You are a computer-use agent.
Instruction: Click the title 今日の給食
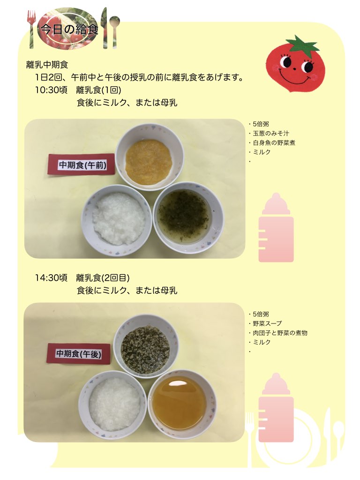coord(69,29)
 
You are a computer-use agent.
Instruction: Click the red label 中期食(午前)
coord(82,165)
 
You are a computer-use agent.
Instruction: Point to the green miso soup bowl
coord(188,217)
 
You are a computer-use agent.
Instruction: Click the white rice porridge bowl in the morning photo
coord(117,220)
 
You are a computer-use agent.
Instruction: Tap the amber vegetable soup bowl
coord(182,404)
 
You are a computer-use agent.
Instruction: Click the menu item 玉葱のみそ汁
coord(271,134)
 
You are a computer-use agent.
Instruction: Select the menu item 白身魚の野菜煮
coord(274,142)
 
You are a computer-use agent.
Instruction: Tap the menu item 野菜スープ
coord(267,323)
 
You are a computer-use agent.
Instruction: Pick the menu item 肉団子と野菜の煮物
coord(280,333)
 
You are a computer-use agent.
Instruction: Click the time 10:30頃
coord(51,90)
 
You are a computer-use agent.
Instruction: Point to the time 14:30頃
coord(51,278)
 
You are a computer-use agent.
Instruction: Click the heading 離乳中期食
coord(47,65)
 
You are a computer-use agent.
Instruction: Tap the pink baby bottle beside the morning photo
coord(276,227)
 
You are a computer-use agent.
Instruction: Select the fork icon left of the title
coord(31,29)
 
